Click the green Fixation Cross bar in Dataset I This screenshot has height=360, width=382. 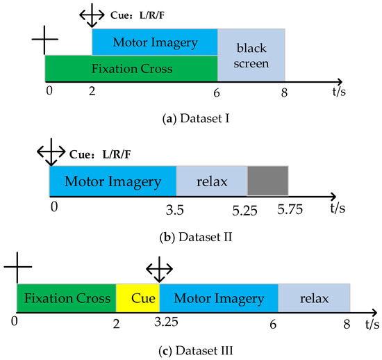coord(131,69)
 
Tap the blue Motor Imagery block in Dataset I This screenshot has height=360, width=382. coord(155,42)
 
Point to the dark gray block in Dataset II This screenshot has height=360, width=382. coord(267,181)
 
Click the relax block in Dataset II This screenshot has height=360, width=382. coord(212,181)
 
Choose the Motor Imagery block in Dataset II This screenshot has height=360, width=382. coord(113,181)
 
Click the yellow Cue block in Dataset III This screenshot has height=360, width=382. coord(138,298)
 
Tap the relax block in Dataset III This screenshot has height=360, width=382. coord(314,298)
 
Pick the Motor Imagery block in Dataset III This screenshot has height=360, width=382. coord(219,298)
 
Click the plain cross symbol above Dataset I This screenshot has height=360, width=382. coord(44,40)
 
